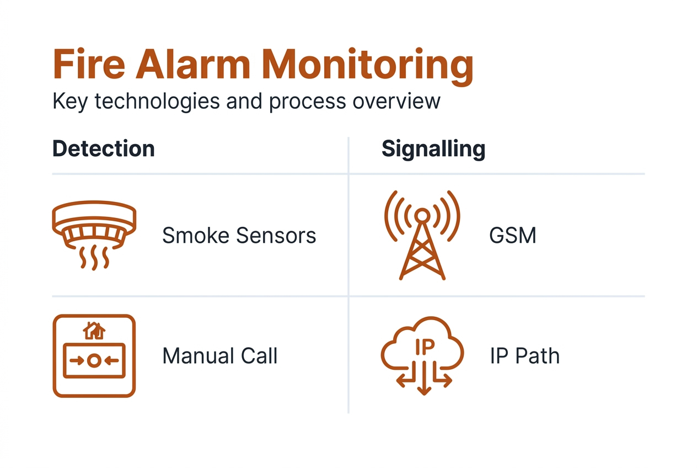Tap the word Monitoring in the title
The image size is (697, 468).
click(368, 65)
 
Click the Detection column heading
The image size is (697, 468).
click(104, 149)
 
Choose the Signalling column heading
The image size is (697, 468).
click(433, 149)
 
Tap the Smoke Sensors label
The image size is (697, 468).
click(239, 236)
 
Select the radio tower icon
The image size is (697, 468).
click(422, 234)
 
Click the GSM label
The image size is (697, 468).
click(512, 236)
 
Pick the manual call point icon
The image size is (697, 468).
click(94, 355)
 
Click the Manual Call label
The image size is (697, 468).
click(219, 356)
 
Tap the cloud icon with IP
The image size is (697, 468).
click(422, 353)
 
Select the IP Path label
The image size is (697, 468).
click(524, 356)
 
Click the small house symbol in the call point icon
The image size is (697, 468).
click(94, 331)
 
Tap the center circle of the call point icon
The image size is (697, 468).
click(94, 360)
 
